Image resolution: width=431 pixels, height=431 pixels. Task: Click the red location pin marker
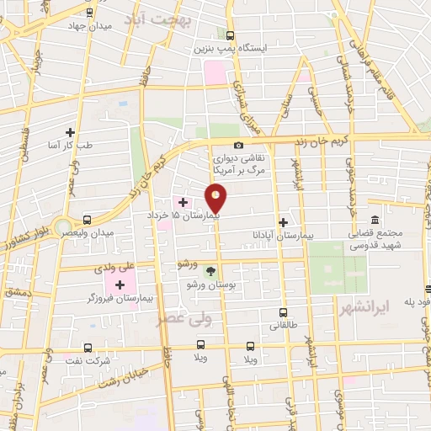(216, 199)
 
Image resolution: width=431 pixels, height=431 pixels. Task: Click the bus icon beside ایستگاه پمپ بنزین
(231, 35)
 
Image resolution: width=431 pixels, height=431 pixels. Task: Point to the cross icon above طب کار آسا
(71, 132)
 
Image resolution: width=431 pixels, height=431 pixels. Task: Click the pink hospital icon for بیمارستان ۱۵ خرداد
(182, 203)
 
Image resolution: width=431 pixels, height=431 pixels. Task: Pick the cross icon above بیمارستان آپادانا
(283, 223)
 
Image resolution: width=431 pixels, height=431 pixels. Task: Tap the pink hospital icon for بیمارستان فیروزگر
(113, 285)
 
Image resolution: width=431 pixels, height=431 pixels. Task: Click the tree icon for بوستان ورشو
(210, 270)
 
